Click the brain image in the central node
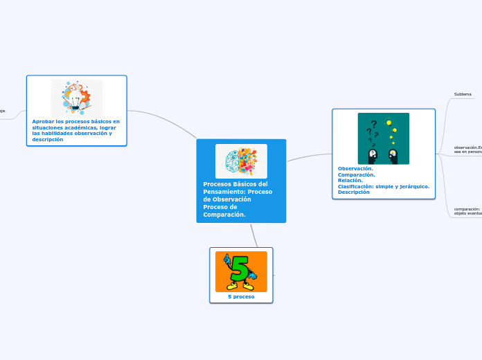(x=241, y=161)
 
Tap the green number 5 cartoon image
(x=241, y=271)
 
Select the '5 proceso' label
(x=241, y=296)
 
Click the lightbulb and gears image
(x=76, y=98)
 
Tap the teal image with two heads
(x=383, y=138)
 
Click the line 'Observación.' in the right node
(x=355, y=168)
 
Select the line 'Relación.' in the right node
(x=350, y=180)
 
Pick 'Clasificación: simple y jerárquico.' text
(x=383, y=186)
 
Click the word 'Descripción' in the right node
(x=353, y=192)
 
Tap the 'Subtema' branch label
(x=463, y=94)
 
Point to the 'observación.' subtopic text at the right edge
(x=465, y=147)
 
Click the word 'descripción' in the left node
(x=48, y=139)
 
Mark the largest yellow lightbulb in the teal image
(x=389, y=123)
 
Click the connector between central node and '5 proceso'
(x=255, y=235)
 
